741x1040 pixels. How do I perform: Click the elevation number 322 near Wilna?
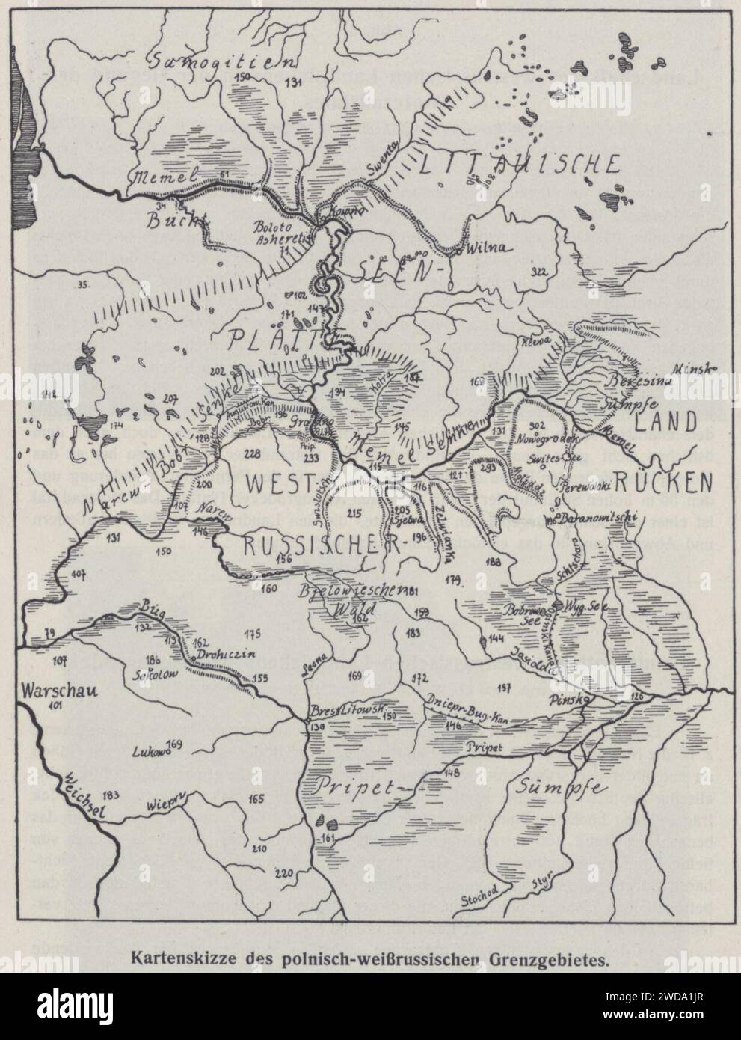pyautogui.click(x=538, y=271)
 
